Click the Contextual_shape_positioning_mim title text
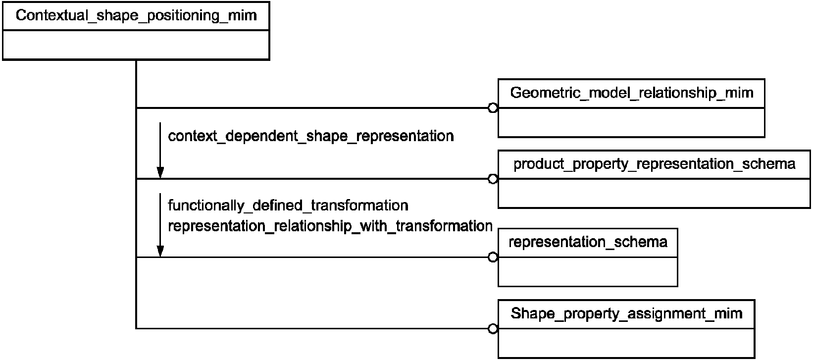[x=136, y=16]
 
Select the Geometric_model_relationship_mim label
[x=631, y=93]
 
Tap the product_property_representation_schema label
[x=654, y=164]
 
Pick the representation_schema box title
[x=588, y=242]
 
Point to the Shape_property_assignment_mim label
[x=626, y=313]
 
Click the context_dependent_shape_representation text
[x=310, y=137]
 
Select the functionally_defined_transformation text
[x=288, y=206]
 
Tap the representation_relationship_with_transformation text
[x=330, y=226]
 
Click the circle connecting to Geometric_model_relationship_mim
[x=493, y=108]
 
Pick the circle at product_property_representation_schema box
[x=493, y=179]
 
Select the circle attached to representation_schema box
[x=493, y=257]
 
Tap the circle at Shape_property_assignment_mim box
[x=493, y=329]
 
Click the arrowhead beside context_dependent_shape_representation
[x=160, y=172]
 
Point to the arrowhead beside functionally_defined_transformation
[x=160, y=251]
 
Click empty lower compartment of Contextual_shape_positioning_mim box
[x=136, y=45]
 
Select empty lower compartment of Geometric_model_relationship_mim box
[x=631, y=122]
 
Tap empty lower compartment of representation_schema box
[x=588, y=272]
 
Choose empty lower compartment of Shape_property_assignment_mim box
[x=626, y=343]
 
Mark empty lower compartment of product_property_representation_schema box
[x=654, y=193]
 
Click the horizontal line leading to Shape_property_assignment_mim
[x=312, y=329]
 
